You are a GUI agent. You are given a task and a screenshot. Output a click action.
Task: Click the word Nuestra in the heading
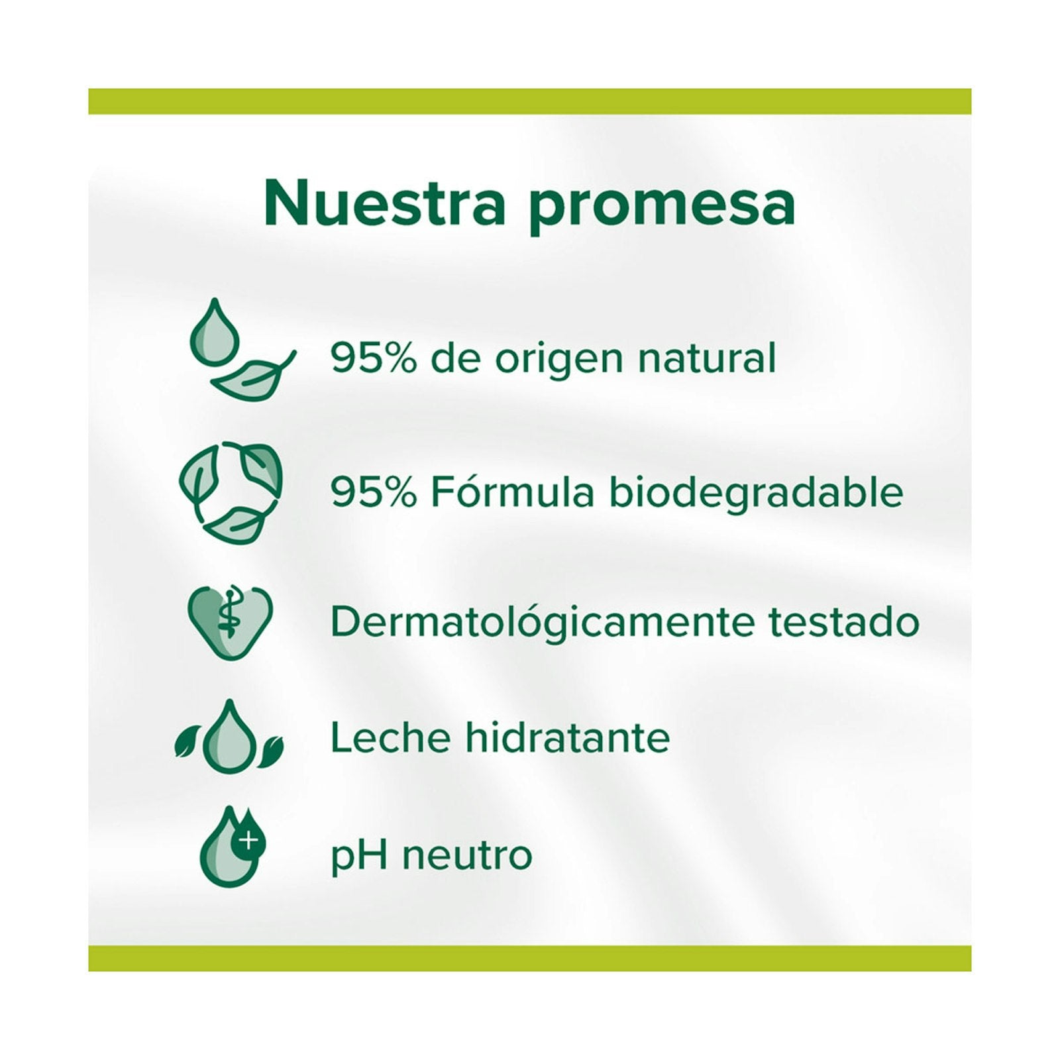384,203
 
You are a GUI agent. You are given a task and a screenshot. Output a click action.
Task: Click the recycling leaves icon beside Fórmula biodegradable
231,492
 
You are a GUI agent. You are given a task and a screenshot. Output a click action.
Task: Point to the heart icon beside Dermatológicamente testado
230,622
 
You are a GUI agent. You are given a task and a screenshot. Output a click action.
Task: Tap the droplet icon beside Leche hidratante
229,737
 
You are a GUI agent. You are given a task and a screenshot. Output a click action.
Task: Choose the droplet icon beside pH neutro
232,846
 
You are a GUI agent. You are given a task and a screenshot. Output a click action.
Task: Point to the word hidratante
568,737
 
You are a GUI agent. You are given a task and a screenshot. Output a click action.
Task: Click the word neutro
468,855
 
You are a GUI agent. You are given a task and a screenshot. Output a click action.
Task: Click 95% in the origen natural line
374,358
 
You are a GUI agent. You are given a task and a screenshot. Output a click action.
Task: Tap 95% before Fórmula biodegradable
374,492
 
